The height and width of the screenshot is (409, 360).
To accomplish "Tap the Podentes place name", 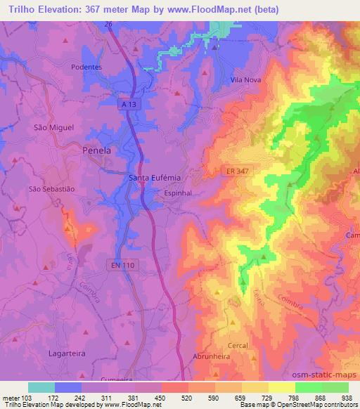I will tap(87, 67).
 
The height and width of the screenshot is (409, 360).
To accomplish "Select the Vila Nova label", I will tap(246, 80).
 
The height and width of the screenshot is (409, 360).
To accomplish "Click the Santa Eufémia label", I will tap(152, 178).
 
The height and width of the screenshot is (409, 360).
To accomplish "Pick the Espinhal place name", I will tap(177, 192).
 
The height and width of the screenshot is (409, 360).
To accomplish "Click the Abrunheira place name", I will tap(212, 356).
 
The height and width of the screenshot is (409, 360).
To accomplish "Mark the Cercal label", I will tap(238, 346).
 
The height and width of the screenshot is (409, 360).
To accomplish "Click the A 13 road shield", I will tap(127, 103).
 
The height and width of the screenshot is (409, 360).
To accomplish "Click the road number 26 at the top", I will tap(109, 23).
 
